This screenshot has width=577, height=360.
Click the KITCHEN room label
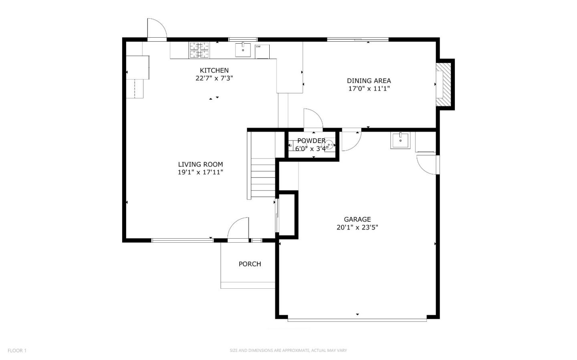coord(214,70)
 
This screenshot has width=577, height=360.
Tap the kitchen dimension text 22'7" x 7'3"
coord(214,78)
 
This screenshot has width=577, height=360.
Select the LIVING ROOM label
coord(200,164)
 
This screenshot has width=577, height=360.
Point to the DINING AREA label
coord(369,81)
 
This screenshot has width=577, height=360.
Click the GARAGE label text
coord(357,219)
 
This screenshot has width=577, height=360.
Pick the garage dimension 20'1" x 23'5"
coord(357,227)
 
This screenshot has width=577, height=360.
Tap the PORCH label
coord(250,264)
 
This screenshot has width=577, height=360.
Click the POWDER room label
coord(311,141)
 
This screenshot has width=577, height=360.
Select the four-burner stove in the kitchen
coord(199,50)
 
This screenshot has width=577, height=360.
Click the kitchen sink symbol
coord(243,50)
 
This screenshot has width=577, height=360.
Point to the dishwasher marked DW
coord(262,51)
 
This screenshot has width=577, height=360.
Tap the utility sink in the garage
coord(400,141)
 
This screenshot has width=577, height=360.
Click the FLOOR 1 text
coord(17,350)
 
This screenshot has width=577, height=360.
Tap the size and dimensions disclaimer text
coord(288,350)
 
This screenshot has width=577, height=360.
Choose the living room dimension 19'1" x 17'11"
coord(200,172)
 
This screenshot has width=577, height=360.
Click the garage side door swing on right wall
coord(427,165)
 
